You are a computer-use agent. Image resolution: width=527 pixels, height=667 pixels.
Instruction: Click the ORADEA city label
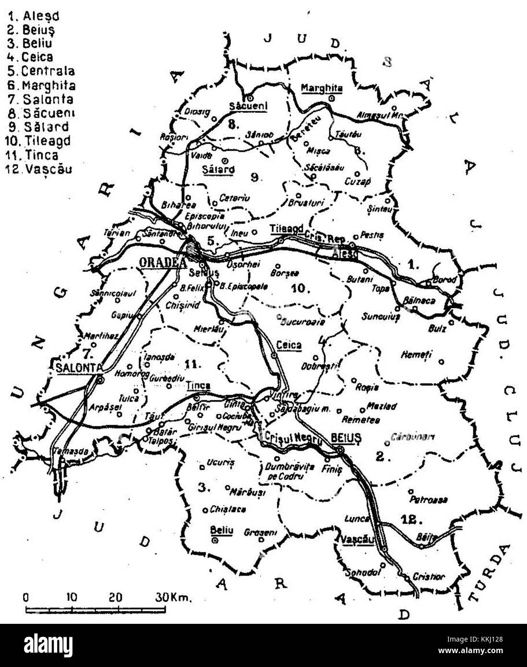[159, 262]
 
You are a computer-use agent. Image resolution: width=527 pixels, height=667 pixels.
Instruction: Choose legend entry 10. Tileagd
[37, 141]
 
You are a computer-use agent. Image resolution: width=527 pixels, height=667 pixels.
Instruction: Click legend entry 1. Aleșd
[34, 15]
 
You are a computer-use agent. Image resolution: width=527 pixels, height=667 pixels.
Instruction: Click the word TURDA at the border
[489, 573]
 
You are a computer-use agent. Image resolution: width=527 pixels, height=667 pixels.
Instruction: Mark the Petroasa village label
[429, 500]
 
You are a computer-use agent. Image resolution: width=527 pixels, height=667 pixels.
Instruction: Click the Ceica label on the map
[289, 345]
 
